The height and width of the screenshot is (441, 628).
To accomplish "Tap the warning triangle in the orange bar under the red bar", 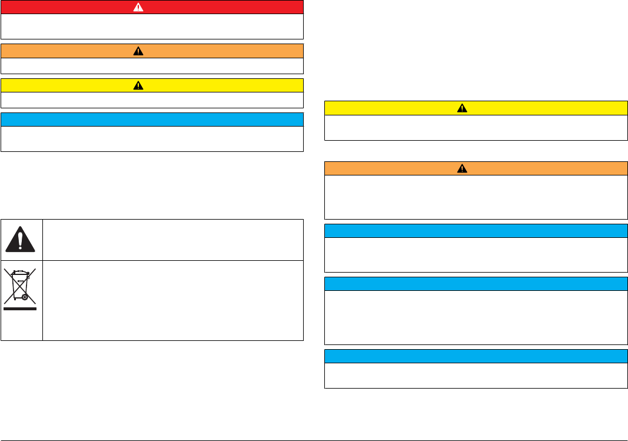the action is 138,51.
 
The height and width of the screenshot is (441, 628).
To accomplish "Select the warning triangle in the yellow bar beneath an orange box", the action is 138,85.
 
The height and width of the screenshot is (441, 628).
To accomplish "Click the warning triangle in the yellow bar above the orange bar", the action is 462,108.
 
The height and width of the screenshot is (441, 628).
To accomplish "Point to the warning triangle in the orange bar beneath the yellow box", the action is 462,168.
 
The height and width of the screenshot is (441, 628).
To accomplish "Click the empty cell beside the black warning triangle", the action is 172,240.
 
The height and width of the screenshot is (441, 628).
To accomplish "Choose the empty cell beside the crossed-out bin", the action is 172,300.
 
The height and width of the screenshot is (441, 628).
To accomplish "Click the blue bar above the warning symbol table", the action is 152,120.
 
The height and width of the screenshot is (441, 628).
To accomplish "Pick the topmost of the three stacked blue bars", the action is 476,230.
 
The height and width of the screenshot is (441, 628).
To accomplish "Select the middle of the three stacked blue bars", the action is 476,284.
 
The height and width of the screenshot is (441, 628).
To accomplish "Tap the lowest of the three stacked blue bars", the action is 476,356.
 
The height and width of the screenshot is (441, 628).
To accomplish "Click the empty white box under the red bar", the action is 152,26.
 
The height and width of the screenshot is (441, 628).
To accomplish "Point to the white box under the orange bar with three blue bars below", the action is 476,197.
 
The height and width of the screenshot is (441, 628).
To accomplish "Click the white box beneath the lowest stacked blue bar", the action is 476,376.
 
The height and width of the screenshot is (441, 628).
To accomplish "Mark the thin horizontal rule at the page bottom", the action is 314,440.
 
